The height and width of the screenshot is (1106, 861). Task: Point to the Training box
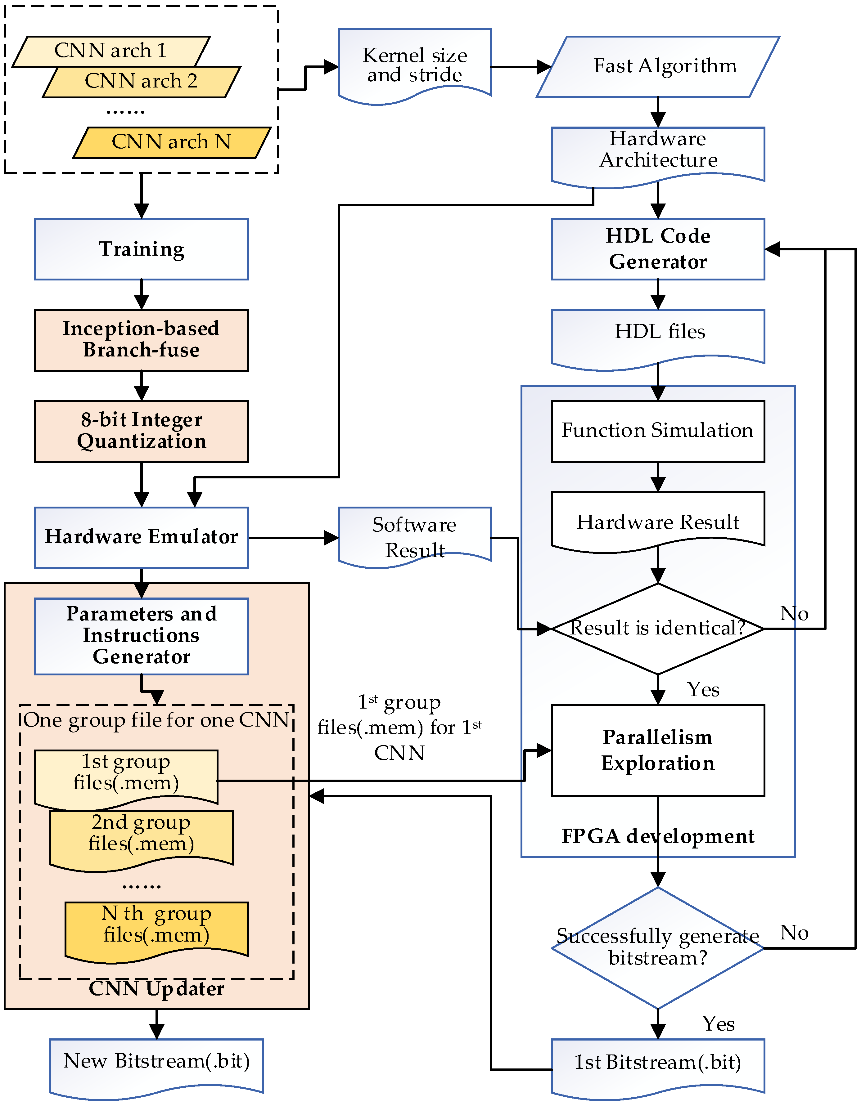pos(142,249)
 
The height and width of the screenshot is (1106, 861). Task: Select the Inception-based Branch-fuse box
pos(142,340)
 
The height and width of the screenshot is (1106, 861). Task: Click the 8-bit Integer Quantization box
pos(142,431)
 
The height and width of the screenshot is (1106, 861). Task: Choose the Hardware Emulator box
pos(142,537)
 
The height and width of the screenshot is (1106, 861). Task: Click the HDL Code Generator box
pos(658,249)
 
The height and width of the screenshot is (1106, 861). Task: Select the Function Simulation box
pos(658,431)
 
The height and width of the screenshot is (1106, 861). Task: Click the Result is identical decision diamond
pos(658,629)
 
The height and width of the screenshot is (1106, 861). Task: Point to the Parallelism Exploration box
pos(658,750)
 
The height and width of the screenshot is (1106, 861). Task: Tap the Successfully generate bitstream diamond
pos(658,947)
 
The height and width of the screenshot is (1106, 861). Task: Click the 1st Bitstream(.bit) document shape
pos(658,1064)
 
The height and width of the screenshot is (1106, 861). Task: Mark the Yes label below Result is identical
pos(703,690)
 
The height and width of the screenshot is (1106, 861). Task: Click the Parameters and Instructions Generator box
pos(142,636)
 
